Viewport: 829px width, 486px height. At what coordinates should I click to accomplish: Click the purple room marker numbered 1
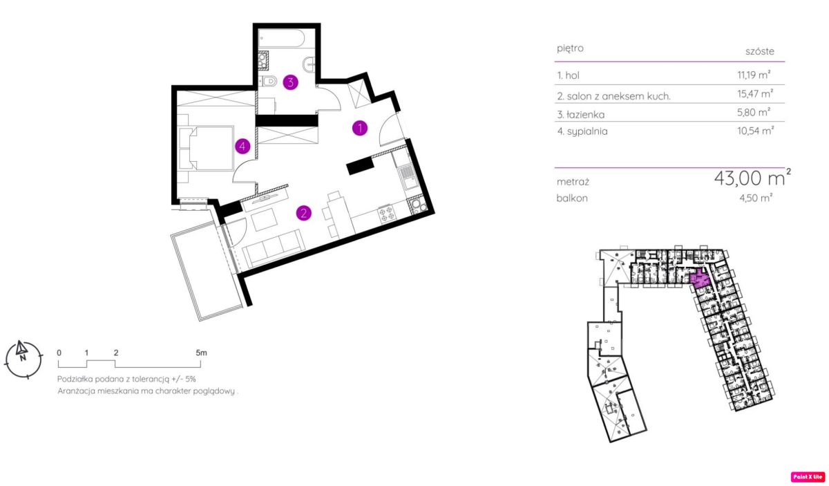(360, 128)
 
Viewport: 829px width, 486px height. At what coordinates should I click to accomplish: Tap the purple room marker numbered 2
(304, 213)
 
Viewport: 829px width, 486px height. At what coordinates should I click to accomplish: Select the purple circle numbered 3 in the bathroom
(291, 82)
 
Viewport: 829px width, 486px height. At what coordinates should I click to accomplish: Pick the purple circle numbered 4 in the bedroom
(242, 146)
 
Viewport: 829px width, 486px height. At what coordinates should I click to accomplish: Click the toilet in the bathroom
(267, 80)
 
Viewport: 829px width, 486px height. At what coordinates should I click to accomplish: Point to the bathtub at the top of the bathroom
(282, 38)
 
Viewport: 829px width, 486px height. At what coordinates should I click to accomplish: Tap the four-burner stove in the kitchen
(386, 214)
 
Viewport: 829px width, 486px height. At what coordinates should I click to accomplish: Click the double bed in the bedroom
(206, 148)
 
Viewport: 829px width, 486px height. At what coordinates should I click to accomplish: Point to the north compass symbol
(23, 359)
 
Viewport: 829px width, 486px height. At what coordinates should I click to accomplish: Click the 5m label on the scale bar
(201, 353)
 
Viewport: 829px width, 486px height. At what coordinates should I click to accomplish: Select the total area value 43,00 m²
(752, 178)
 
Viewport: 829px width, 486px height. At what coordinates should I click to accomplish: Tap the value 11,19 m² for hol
(754, 75)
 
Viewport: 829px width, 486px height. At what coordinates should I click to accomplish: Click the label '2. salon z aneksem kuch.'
(614, 96)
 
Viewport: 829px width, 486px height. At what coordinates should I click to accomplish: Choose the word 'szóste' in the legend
(760, 51)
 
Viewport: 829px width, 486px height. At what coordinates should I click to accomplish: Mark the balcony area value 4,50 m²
(756, 198)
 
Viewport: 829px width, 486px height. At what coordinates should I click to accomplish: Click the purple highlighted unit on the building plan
(700, 279)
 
